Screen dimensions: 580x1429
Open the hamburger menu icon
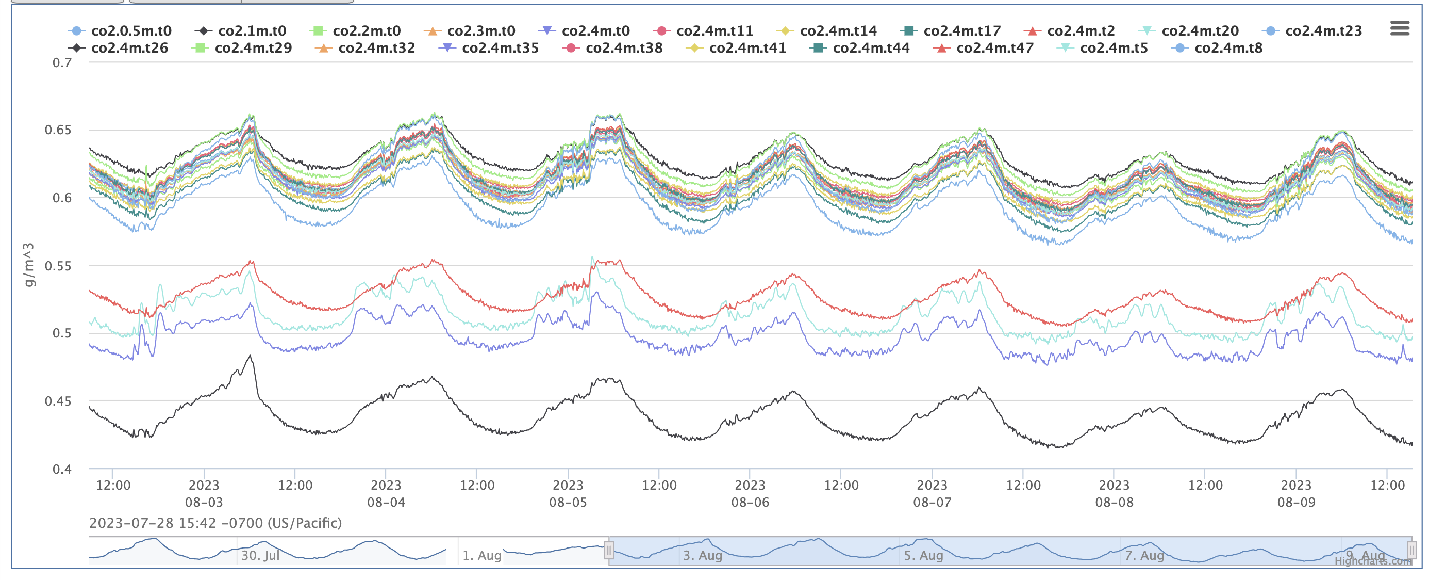coord(1400,28)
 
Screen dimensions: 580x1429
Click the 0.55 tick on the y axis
coord(58,266)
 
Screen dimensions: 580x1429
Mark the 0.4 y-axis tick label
coord(62,470)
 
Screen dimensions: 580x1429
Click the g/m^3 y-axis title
coord(29,265)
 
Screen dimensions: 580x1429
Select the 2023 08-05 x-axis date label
coord(568,493)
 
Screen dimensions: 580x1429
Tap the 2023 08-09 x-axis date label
coord(1295,493)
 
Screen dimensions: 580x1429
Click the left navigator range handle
coord(608,550)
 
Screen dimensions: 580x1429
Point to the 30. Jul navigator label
coord(260,555)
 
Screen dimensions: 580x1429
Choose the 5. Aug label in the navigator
coord(923,555)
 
